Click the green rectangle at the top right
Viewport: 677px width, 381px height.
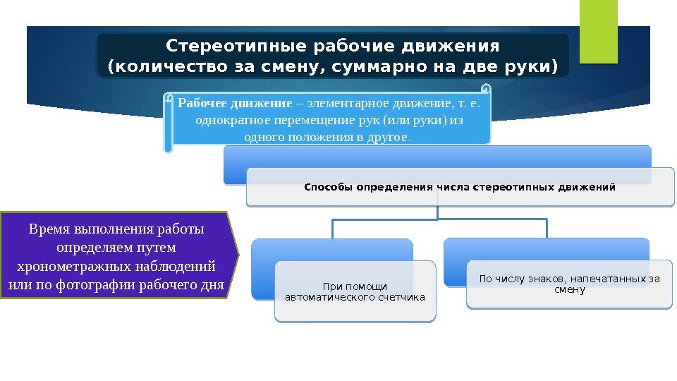point(598,31)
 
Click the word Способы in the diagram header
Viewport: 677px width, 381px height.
point(329,188)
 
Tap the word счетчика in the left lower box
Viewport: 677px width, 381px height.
point(401,297)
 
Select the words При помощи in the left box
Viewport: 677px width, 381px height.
point(355,286)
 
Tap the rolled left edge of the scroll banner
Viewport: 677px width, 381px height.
point(168,123)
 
